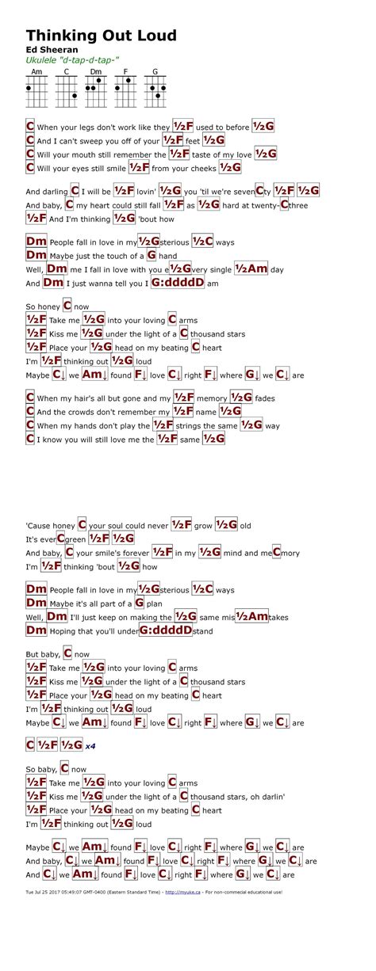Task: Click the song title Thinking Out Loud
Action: pyautogui.click(x=101, y=36)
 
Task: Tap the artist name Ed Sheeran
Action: pyautogui.click(x=48, y=50)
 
